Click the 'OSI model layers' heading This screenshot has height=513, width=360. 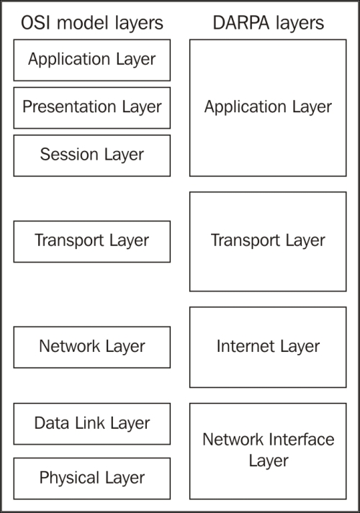pyautogui.click(x=92, y=24)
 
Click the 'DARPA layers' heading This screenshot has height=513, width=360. pyautogui.click(x=269, y=23)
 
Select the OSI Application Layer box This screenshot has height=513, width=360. pyautogui.click(x=92, y=60)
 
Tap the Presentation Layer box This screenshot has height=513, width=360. pyautogui.click(x=92, y=108)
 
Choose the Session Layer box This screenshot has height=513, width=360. pyautogui.click(x=92, y=155)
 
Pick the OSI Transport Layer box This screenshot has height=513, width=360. pyautogui.click(x=92, y=242)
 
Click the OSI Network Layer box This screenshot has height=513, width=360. pyautogui.click(x=92, y=347)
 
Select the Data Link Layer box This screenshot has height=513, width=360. pyautogui.click(x=92, y=424)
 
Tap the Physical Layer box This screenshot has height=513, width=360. pyautogui.click(x=92, y=478)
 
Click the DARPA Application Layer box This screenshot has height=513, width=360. pyautogui.click(x=268, y=108)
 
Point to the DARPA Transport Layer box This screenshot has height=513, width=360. pyautogui.click(x=268, y=242)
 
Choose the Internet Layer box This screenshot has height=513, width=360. pyautogui.click(x=268, y=347)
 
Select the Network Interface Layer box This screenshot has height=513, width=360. pyautogui.click(x=268, y=451)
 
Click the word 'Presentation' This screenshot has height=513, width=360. pyautogui.click(x=69, y=106)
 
